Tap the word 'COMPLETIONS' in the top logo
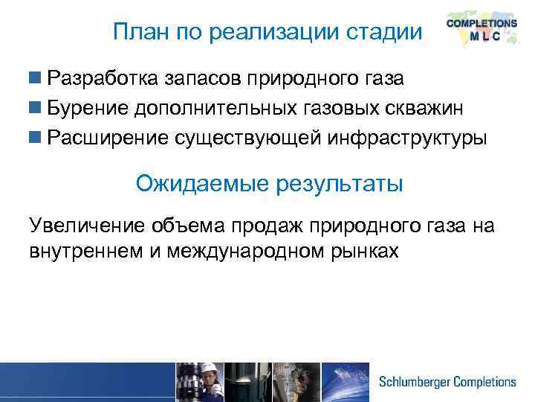[x=481, y=24]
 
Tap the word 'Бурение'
[x=87, y=109]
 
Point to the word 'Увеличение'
[x=86, y=226]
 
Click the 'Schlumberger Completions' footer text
[x=447, y=382]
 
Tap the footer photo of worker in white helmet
[x=199, y=382]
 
